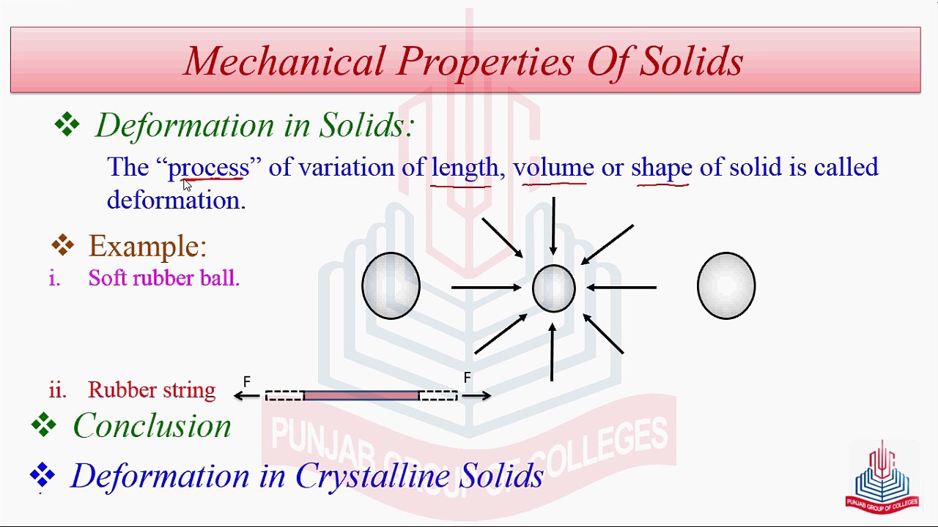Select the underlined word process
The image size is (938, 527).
(x=209, y=168)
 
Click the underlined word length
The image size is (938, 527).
(x=465, y=168)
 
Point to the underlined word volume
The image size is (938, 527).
(x=553, y=168)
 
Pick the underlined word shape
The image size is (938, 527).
(x=661, y=168)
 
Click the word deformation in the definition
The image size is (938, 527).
(x=174, y=200)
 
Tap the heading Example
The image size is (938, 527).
(x=147, y=246)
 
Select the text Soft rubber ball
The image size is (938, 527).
(x=164, y=278)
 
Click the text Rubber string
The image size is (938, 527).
(x=152, y=390)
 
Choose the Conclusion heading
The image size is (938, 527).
(x=152, y=425)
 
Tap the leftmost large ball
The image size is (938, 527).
(x=391, y=285)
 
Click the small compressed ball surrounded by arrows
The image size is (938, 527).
(x=553, y=288)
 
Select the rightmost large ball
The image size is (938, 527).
(x=725, y=285)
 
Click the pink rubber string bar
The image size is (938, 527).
(x=361, y=395)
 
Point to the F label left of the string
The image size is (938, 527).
(x=247, y=381)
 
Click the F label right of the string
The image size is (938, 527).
(x=467, y=378)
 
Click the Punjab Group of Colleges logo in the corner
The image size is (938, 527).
(x=882, y=476)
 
